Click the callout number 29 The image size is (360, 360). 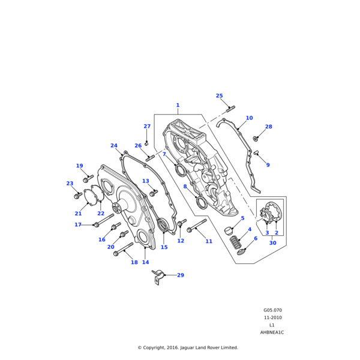(x=181, y=275)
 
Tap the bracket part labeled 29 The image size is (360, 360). (x=158, y=277)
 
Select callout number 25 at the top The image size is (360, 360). (x=219, y=96)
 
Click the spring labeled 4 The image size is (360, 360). (x=236, y=244)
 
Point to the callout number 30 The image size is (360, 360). (x=272, y=243)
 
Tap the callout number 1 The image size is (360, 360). (x=178, y=105)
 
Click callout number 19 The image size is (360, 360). (x=79, y=166)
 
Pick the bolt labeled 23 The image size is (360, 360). (x=77, y=196)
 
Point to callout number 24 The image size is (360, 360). (x=114, y=145)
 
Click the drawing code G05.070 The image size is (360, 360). (x=272, y=310)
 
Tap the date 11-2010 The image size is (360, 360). (x=272, y=317)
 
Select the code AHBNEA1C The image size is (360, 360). (x=272, y=332)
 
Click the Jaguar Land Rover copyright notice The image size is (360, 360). (x=188, y=347)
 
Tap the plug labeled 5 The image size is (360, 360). (x=229, y=230)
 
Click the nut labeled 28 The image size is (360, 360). (x=256, y=139)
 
